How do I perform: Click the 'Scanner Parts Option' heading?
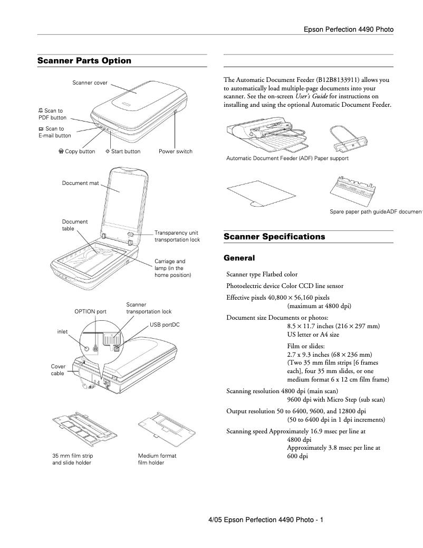point(84,61)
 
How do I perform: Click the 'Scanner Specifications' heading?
point(274,237)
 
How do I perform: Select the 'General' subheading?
point(239,258)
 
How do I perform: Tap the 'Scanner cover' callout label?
point(90,83)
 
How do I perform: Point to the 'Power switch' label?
point(176,152)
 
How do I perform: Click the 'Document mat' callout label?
point(80,183)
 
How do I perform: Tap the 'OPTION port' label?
point(90,312)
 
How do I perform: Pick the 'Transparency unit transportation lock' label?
point(177,236)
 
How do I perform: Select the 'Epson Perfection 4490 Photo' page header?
point(349,30)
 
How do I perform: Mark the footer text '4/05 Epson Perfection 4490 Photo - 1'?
point(266,520)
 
